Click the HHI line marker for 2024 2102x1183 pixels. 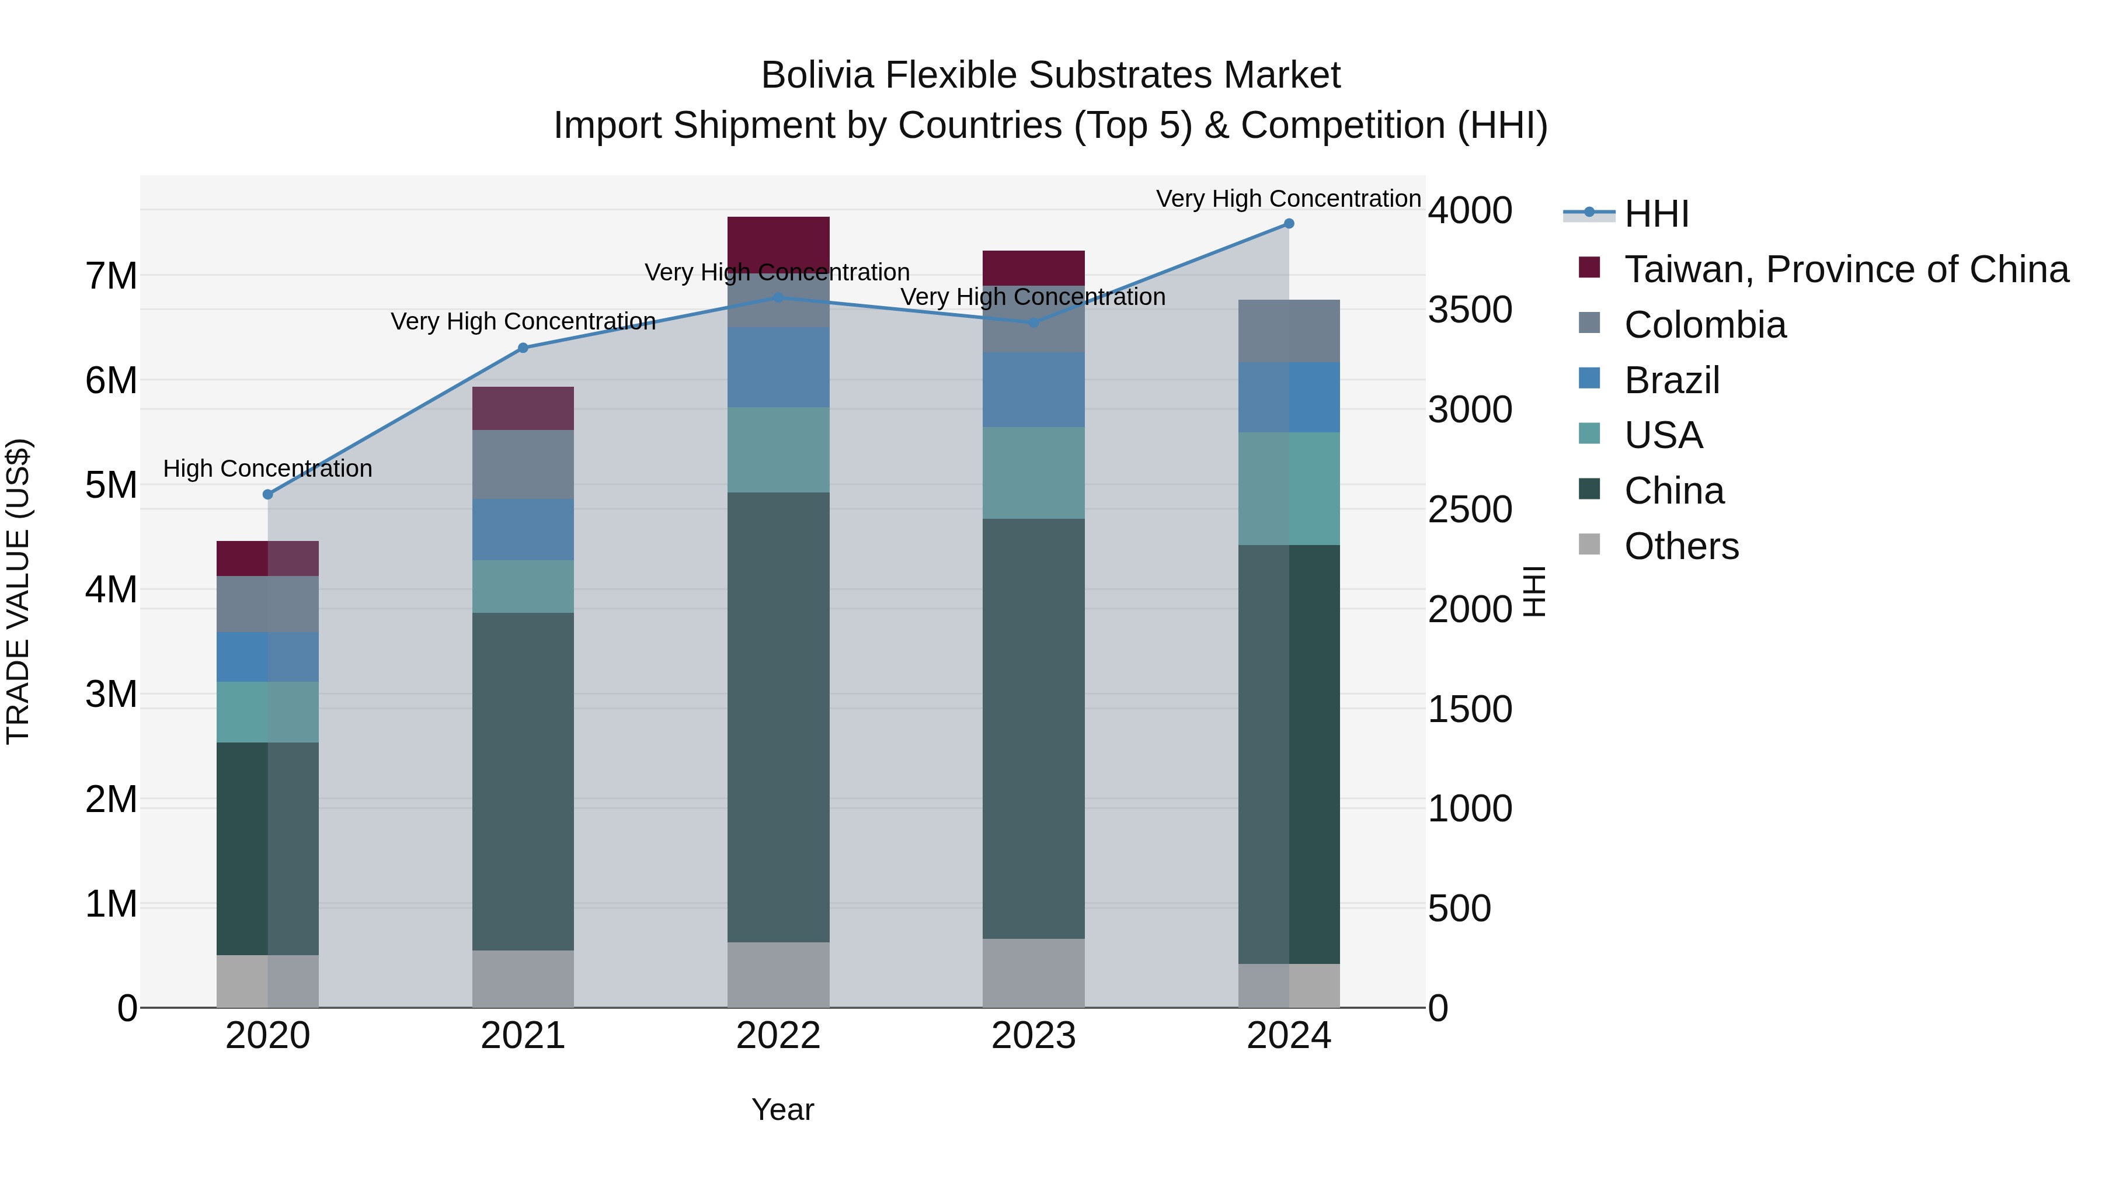(1289, 224)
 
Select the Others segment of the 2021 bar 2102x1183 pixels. (523, 979)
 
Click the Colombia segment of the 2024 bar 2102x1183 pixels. (1289, 331)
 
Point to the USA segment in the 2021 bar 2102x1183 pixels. (523, 586)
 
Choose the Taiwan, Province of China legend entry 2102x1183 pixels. (1845, 269)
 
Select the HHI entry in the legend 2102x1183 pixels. (1656, 214)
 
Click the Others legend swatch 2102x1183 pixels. (1589, 544)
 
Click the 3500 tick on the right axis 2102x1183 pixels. (1470, 310)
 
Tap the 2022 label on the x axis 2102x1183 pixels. (778, 1036)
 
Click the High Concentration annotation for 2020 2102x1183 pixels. (267, 469)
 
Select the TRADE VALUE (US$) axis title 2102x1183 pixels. (18, 591)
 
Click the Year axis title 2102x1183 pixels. (782, 1109)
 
